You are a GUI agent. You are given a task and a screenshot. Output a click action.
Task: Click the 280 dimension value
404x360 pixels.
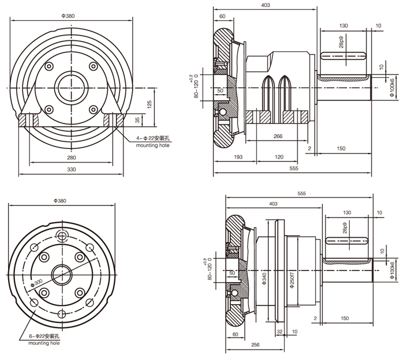pos(72,157)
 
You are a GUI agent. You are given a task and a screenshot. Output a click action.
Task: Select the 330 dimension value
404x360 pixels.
pos(72,170)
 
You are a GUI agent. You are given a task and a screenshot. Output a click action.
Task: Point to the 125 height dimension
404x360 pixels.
pos(149,104)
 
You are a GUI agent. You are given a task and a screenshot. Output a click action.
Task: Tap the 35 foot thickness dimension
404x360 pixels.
pos(137,120)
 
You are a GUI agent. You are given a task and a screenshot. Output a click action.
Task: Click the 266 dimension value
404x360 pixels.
pos(278,136)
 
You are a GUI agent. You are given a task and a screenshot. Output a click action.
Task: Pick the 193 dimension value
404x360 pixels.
pos(238,157)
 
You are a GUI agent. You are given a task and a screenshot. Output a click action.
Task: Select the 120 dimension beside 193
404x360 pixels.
pos(279,157)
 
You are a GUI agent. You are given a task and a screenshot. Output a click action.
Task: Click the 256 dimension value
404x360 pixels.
pos(255,344)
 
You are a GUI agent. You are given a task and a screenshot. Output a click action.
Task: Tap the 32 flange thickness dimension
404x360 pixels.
pos(279,332)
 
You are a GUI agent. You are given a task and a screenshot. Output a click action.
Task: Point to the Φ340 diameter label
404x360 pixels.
pos(264,279)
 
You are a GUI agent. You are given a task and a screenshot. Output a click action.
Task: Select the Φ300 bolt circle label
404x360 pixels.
pos(36,283)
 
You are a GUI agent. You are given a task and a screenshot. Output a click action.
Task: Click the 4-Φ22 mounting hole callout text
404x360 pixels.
pos(153,138)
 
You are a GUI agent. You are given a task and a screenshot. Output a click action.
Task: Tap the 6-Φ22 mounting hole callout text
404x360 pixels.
pos(44,336)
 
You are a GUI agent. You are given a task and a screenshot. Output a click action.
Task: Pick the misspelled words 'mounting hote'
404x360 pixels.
pos(153,145)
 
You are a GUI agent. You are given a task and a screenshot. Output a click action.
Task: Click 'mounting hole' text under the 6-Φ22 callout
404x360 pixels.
pos(44,343)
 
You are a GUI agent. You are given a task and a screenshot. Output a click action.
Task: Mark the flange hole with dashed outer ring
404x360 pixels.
pos(62,235)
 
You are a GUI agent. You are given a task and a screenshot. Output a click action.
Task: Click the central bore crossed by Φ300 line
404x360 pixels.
pos(62,275)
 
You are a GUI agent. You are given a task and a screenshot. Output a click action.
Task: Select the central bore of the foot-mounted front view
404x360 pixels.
pos(72,88)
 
